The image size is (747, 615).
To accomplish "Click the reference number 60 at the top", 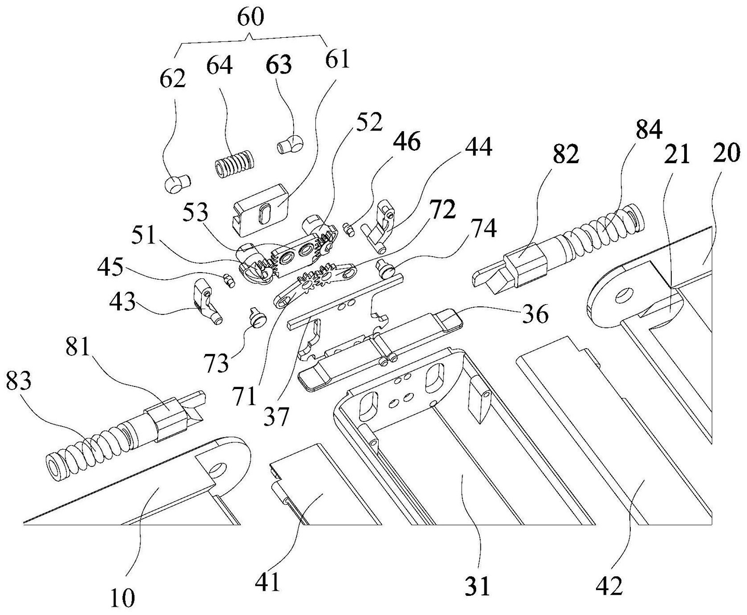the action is coord(251,17).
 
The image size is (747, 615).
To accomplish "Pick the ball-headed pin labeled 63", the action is coord(290,145).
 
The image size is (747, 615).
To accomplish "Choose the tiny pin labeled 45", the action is coord(228,280).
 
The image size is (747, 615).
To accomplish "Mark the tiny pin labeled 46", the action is coord(349,229).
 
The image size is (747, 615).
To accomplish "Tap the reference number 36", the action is coord(534,314).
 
